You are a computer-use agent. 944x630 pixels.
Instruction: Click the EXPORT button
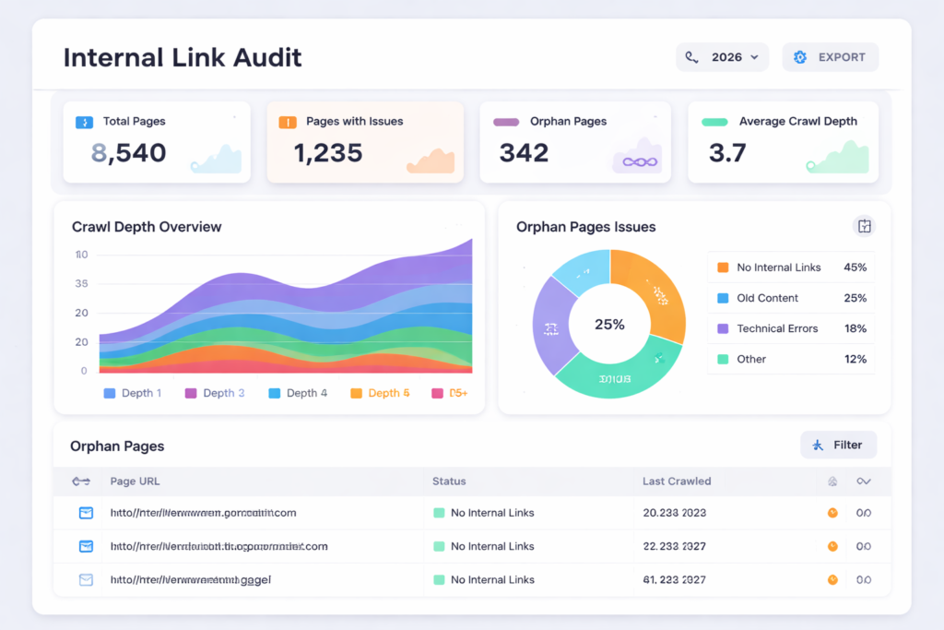(x=830, y=57)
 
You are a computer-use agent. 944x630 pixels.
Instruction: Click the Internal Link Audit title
(x=183, y=58)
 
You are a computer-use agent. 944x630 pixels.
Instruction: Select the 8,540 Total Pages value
(x=129, y=152)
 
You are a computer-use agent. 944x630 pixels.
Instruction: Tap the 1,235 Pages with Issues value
(x=327, y=152)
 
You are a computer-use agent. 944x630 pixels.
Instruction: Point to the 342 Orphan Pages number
(x=524, y=152)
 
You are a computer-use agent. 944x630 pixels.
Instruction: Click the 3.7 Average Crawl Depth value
(x=727, y=152)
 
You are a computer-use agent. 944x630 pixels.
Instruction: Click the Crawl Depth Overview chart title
(x=147, y=227)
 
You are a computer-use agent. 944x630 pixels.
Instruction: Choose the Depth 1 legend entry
(x=133, y=393)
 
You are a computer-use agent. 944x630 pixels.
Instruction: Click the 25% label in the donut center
(x=609, y=325)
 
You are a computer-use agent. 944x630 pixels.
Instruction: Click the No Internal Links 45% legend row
(x=791, y=267)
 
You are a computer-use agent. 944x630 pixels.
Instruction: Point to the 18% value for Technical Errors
(x=855, y=328)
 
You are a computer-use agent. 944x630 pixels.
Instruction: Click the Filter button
(x=838, y=445)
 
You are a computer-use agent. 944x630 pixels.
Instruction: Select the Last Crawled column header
(x=676, y=481)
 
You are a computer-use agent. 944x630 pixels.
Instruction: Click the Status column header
(x=449, y=481)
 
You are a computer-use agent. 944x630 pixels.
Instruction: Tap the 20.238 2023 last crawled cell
(x=674, y=513)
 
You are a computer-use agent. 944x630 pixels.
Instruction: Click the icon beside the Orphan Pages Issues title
(x=864, y=226)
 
